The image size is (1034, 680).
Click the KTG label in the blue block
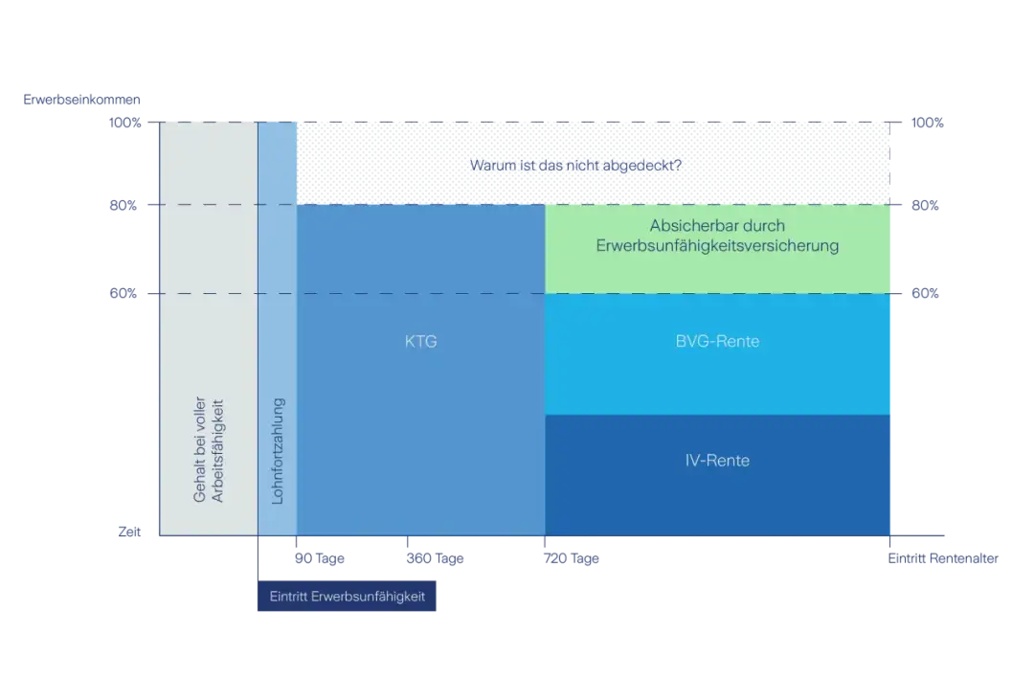[420, 341]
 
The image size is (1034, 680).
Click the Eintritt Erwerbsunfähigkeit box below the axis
[347, 596]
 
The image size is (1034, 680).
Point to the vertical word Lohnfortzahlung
[278, 456]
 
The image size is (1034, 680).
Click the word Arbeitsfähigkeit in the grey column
[216, 456]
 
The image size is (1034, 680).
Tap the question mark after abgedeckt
[677, 165]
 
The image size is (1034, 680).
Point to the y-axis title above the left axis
[72, 99]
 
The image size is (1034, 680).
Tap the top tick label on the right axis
[928, 124]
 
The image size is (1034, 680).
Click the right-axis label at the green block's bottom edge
[926, 293]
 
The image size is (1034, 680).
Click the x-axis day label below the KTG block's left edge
[317, 558]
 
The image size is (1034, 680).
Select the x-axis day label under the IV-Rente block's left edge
[573, 558]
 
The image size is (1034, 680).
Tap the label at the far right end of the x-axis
[946, 558]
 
